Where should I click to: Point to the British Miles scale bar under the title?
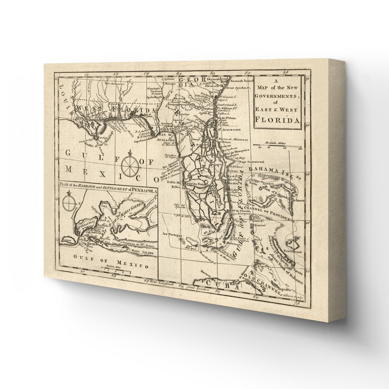(280, 146)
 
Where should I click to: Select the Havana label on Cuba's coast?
(205, 271)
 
